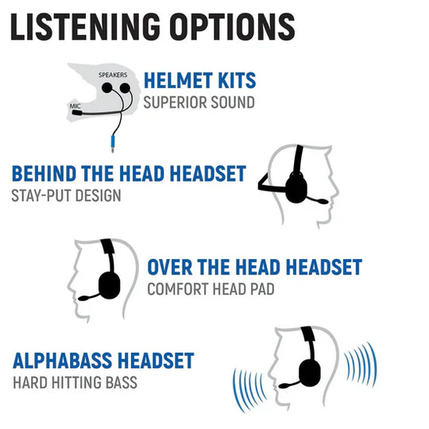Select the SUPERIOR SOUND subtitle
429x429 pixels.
coord(199,102)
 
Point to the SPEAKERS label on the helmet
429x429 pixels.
coord(113,73)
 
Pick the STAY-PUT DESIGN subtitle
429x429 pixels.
coord(66,195)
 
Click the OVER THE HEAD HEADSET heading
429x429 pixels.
coord(254,267)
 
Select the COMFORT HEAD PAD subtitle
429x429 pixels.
coord(211,288)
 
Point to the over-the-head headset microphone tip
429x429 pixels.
coord(79,300)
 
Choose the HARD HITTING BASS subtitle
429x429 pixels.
coord(75,383)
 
